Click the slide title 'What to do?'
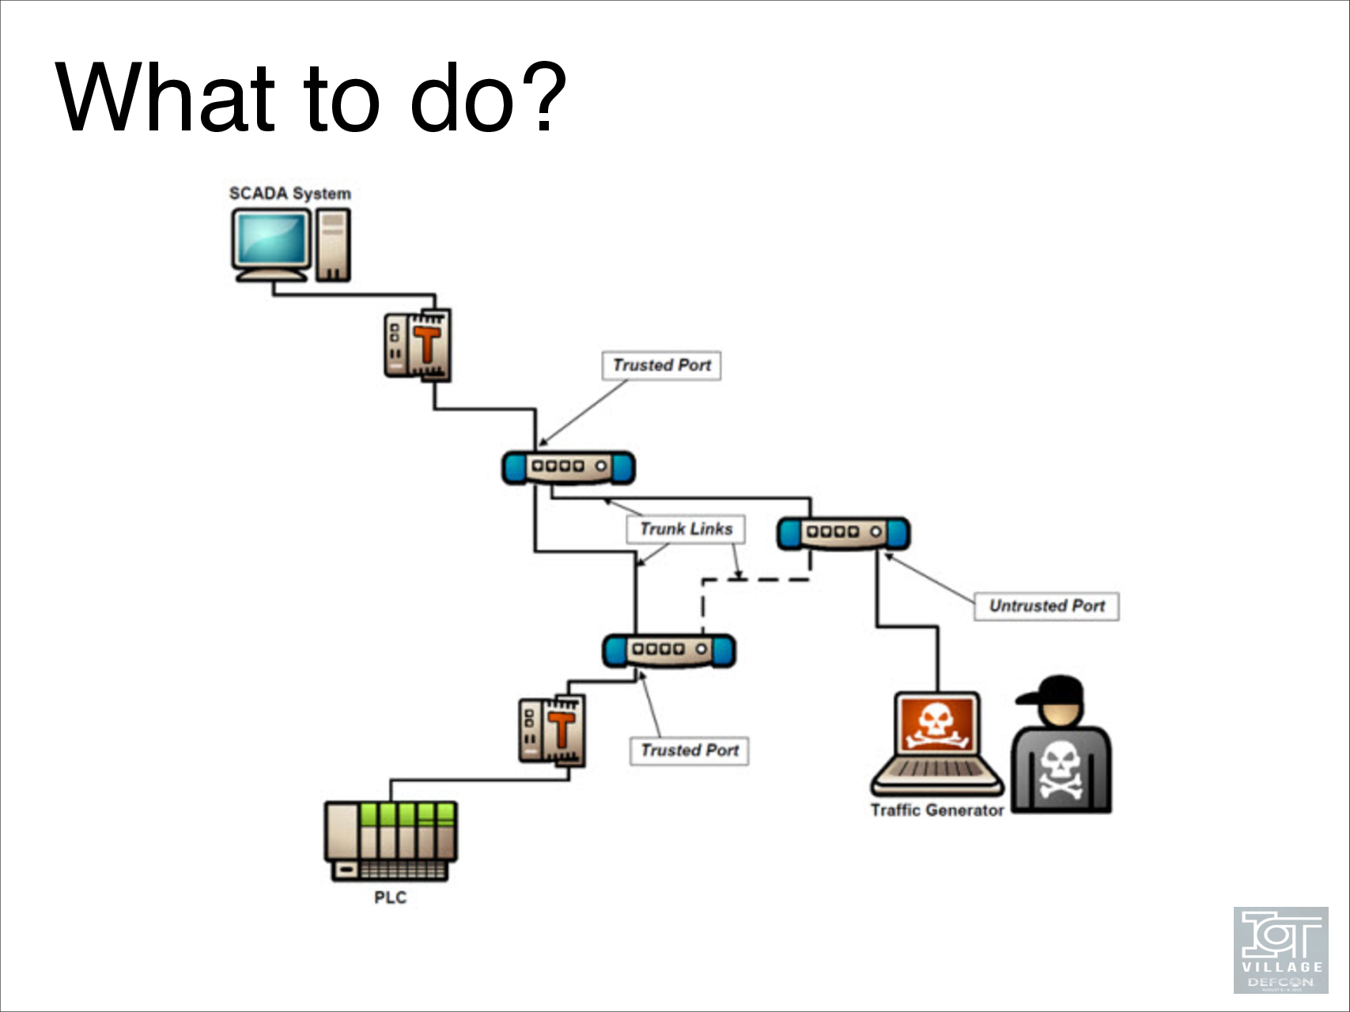(311, 98)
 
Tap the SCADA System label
(289, 194)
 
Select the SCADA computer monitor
(270, 240)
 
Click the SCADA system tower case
(333, 245)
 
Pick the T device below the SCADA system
(418, 345)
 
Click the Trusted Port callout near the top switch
(661, 365)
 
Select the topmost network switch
(568, 467)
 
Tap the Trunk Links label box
(686, 529)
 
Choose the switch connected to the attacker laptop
(843, 533)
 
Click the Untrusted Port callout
(1046, 606)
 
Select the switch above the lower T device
(668, 650)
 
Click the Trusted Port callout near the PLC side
(689, 750)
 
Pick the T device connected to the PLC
(553, 731)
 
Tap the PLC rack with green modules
(391, 840)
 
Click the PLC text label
(390, 897)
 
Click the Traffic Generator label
(937, 810)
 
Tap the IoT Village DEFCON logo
(1280, 950)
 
